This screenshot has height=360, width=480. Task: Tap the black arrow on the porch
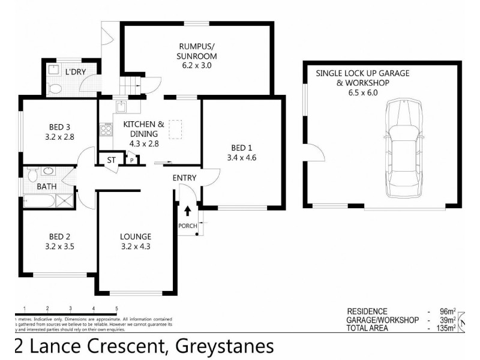tap(188, 211)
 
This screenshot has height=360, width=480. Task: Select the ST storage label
tap(111, 160)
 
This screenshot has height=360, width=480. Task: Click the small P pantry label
tap(132, 160)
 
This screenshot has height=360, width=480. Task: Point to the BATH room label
tap(47, 187)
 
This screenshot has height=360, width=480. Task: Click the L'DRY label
tap(76, 72)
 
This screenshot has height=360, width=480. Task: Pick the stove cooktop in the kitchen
tap(107, 129)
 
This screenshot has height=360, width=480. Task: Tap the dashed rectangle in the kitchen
tap(176, 129)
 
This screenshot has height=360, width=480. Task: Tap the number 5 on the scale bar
tap(116, 308)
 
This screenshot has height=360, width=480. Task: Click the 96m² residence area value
tap(447, 311)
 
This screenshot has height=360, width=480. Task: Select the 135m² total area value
tap(445, 328)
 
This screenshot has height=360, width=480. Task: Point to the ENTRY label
tap(184, 178)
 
